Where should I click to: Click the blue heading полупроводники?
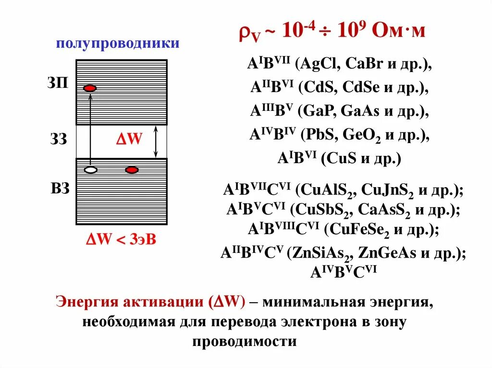[118, 44]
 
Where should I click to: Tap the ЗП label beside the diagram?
[58, 83]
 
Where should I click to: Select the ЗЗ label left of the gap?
[59, 140]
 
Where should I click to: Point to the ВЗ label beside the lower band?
[60, 188]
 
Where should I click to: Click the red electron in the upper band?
[90, 88]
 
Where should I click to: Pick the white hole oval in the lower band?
[90, 170]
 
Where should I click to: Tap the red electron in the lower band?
[132, 170]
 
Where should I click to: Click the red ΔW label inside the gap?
[129, 140]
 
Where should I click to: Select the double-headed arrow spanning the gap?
[155, 142]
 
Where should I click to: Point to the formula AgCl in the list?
[320, 65]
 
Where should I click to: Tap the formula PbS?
[322, 135]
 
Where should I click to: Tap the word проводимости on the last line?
[245, 342]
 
